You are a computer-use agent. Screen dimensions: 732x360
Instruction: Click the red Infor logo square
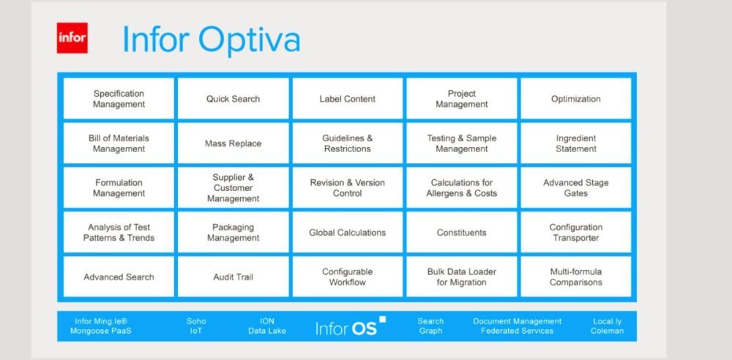(72, 38)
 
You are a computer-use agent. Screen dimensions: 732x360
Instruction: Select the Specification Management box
(119, 99)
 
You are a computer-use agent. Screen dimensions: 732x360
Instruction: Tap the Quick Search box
(233, 99)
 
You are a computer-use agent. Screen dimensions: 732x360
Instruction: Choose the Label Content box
(347, 99)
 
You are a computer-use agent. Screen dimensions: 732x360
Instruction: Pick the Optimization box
(575, 99)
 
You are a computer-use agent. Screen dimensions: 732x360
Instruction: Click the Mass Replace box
(233, 143)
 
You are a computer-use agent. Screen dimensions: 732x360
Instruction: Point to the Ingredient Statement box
(575, 143)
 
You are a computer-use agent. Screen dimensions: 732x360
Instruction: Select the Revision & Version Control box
(347, 188)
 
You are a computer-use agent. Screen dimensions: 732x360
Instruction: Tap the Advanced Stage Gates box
(575, 188)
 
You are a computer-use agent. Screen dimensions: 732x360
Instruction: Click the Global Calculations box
(347, 232)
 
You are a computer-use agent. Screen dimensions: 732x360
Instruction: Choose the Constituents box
(462, 232)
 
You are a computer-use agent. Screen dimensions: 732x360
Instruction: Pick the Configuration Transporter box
(575, 232)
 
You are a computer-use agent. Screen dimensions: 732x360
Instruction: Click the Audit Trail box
(233, 277)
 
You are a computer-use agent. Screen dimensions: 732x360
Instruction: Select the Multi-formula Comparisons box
(575, 277)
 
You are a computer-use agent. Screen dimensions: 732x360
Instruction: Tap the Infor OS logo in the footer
(351, 326)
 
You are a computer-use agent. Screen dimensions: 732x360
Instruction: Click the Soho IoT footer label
(196, 326)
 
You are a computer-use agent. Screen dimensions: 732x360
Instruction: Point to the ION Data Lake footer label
(267, 326)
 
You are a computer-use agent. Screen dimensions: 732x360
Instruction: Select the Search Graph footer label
(430, 326)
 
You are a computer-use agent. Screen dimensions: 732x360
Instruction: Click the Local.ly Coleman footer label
(607, 326)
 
